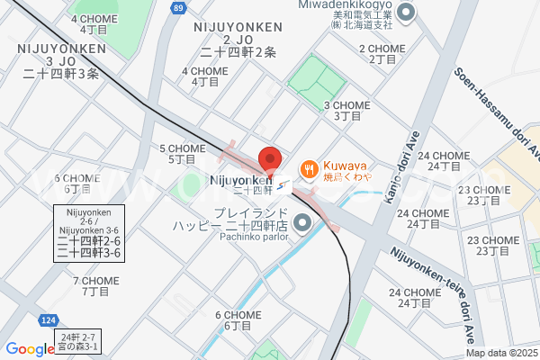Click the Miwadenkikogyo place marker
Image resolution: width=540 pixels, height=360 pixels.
pyautogui.click(x=405, y=13)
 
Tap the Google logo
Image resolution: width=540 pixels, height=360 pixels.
pyautogui.click(x=30, y=349)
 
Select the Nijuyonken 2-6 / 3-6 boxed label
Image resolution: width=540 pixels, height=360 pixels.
pyautogui.click(x=89, y=232)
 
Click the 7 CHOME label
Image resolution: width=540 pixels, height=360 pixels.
pyautogui.click(x=95, y=286)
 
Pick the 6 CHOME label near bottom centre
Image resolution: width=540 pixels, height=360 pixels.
pyautogui.click(x=238, y=319)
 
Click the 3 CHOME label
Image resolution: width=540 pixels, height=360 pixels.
pyautogui.click(x=346, y=110)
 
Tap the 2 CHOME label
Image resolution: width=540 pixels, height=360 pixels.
pyautogui.click(x=382, y=53)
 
